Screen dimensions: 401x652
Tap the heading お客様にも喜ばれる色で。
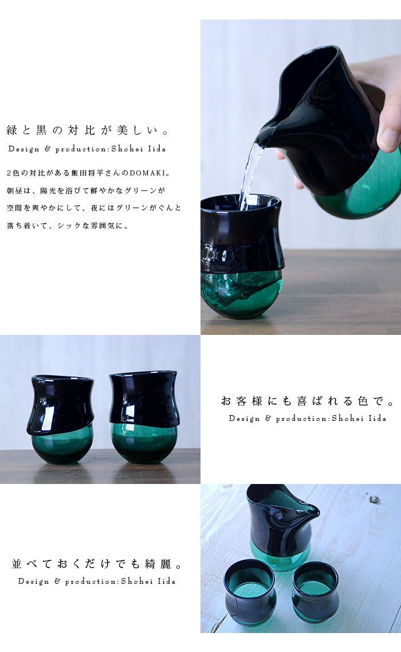tap(308, 401)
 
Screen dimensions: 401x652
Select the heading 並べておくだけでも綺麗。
tap(97, 564)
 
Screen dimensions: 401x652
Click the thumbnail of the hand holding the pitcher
tap(300, 177)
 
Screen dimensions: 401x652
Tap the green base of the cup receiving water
tap(241, 293)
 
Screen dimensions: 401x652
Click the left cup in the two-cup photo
tap(61, 419)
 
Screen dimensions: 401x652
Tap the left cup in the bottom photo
tap(249, 592)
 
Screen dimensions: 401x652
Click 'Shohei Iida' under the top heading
tap(139, 149)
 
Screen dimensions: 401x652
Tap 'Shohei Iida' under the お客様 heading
tap(359, 418)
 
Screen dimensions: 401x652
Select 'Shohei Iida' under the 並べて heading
tap(148, 581)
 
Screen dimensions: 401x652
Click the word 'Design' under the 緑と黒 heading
tap(23, 149)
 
